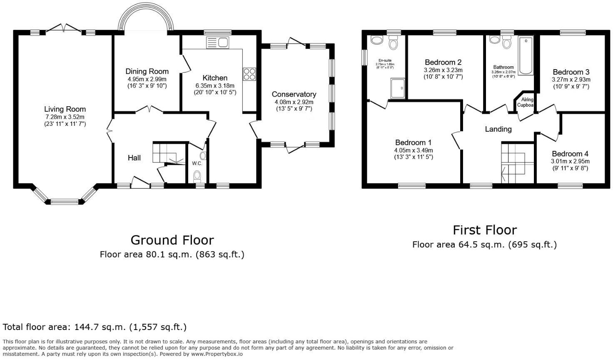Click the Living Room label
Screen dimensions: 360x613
(65, 109)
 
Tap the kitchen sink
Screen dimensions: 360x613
(217, 42)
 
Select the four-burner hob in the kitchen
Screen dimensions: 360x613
(249, 74)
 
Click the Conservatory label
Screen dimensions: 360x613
(294, 94)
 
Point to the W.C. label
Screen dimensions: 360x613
(197, 163)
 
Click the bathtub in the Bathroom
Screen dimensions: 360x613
(526, 55)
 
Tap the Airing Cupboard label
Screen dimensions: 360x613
(526, 102)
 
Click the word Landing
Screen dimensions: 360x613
(498, 129)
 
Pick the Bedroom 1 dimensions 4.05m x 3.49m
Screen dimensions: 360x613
(414, 150)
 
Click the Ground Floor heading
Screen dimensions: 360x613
(172, 240)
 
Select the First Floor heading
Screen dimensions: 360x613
(485, 230)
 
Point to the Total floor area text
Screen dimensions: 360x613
(95, 327)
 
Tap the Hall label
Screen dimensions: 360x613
(134, 158)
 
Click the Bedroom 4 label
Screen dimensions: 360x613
(571, 154)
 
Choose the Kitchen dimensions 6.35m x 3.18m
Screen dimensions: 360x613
(215, 85)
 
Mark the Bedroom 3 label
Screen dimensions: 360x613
(571, 72)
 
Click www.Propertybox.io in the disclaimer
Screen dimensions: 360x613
(217, 354)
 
